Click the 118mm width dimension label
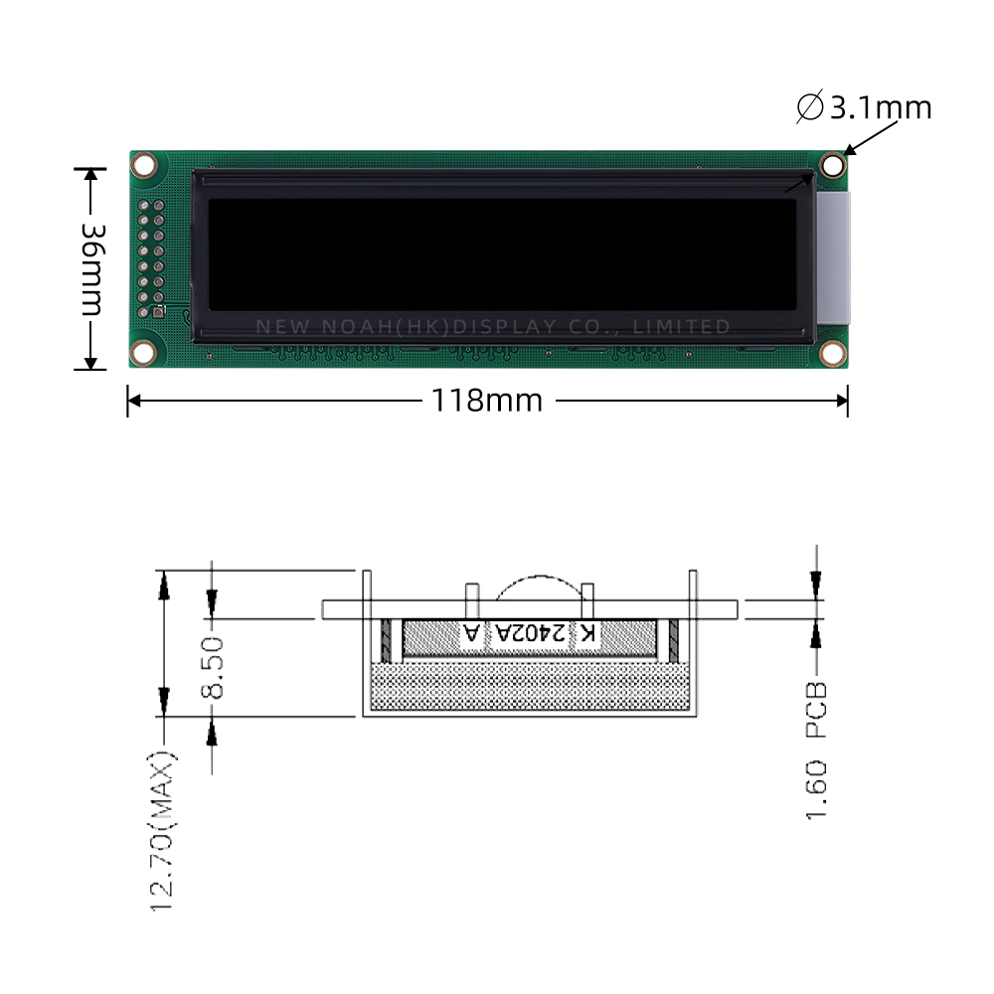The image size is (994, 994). click(486, 401)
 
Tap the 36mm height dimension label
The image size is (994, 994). click(93, 269)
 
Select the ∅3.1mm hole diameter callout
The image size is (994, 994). click(864, 106)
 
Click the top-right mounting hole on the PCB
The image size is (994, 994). click(832, 165)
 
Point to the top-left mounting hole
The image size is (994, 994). click(144, 165)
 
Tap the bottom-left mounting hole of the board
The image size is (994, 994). click(143, 352)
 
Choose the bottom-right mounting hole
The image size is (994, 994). click(832, 353)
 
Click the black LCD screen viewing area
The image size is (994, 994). click(502, 254)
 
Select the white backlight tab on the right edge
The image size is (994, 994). click(833, 258)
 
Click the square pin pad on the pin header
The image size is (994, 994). click(158, 312)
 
